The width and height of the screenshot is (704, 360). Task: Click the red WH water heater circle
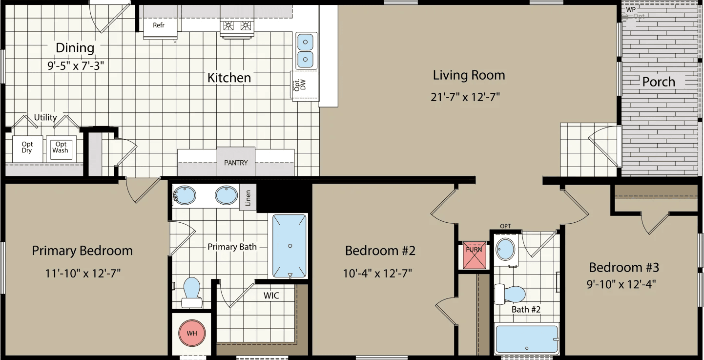192,334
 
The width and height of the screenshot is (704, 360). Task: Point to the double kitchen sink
306,51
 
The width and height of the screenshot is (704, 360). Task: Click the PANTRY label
236,162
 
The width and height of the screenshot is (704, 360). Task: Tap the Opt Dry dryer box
27,148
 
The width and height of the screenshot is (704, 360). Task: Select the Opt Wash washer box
61,148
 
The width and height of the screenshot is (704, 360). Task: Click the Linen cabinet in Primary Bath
248,197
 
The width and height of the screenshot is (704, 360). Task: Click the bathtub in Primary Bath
290,246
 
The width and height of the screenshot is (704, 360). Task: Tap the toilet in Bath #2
511,295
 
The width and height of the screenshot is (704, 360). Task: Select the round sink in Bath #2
505,250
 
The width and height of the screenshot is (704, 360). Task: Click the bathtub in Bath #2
527,339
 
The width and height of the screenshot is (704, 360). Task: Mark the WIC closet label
271,296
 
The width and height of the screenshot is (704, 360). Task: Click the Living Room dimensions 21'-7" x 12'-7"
465,97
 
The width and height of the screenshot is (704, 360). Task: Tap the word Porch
659,82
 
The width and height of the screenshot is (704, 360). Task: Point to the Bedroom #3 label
624,268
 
